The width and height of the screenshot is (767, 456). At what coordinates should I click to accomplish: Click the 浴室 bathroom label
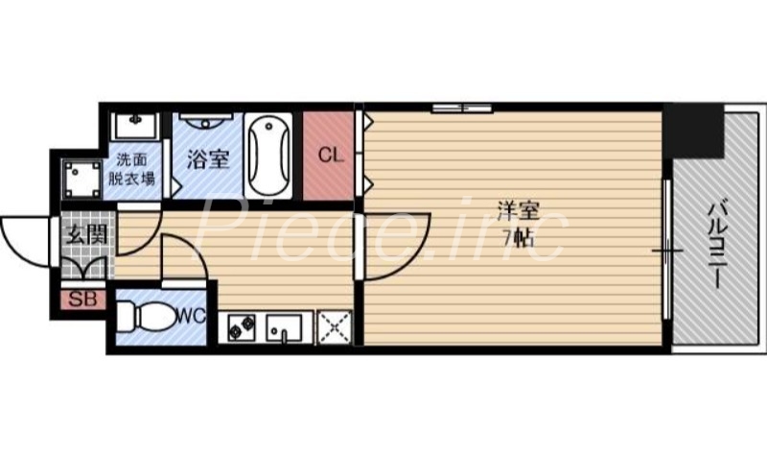pos(207,159)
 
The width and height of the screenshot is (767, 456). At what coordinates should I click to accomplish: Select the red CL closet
pos(328,156)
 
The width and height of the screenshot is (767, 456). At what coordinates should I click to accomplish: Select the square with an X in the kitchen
pos(334,327)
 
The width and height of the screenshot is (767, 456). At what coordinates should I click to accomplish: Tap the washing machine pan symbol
pos(79,178)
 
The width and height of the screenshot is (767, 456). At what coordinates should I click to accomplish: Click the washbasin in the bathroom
pos(205,125)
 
